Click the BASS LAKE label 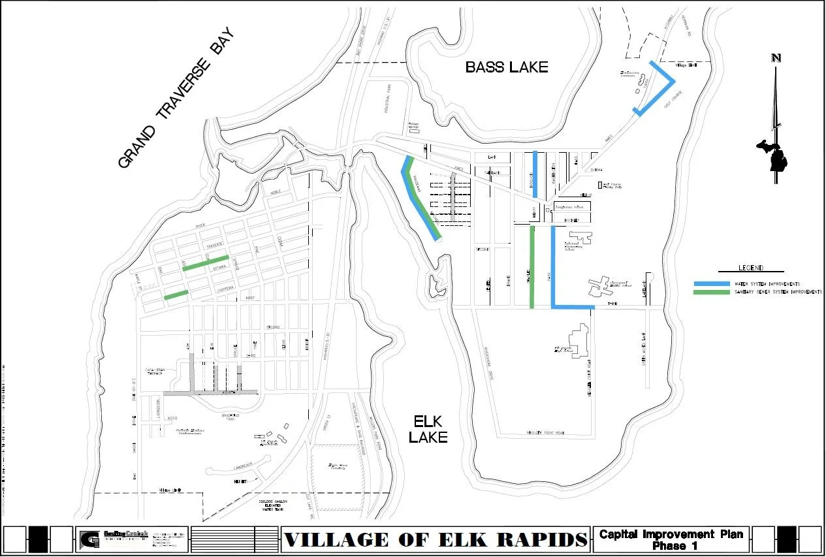coord(506,67)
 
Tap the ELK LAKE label coord(428,429)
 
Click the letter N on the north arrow coord(776,58)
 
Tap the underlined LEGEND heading coord(751,268)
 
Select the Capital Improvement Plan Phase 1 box coord(671,539)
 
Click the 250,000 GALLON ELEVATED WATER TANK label coord(273,506)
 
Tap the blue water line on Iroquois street coord(535,174)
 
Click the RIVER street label coord(200,226)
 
